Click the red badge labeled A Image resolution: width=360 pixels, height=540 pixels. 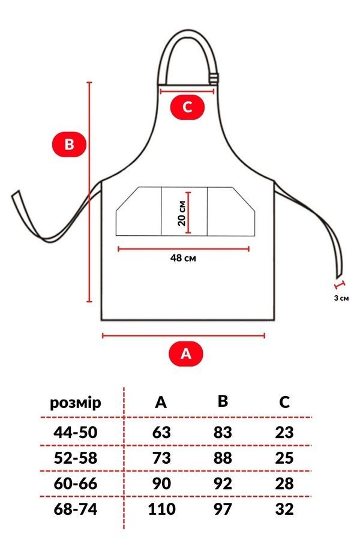[x=185, y=353]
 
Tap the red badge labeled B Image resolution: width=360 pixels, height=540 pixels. [x=69, y=144]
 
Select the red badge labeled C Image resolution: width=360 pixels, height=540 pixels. [x=187, y=107]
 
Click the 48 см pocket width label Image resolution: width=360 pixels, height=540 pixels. [x=183, y=257]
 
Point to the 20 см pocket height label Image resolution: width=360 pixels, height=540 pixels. [x=182, y=213]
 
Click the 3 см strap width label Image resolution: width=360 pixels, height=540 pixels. [x=341, y=298]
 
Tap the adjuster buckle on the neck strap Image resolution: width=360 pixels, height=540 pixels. [x=213, y=78]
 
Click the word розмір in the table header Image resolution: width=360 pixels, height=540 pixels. [x=76, y=403]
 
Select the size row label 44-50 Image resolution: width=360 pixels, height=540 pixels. [x=76, y=432]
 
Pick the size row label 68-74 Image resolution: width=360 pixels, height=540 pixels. [x=76, y=509]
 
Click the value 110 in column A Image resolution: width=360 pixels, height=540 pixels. [x=161, y=509]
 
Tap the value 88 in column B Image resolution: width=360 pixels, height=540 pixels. [x=223, y=458]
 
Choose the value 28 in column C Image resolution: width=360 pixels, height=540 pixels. [x=284, y=484]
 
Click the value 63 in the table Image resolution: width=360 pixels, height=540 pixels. [x=161, y=432]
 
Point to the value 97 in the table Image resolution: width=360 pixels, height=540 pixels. [x=223, y=509]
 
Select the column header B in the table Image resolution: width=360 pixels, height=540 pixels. [x=223, y=401]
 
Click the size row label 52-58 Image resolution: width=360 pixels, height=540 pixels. [x=76, y=458]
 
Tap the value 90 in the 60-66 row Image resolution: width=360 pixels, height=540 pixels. [x=161, y=484]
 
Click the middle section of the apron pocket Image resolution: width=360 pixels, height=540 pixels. [x=184, y=211]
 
